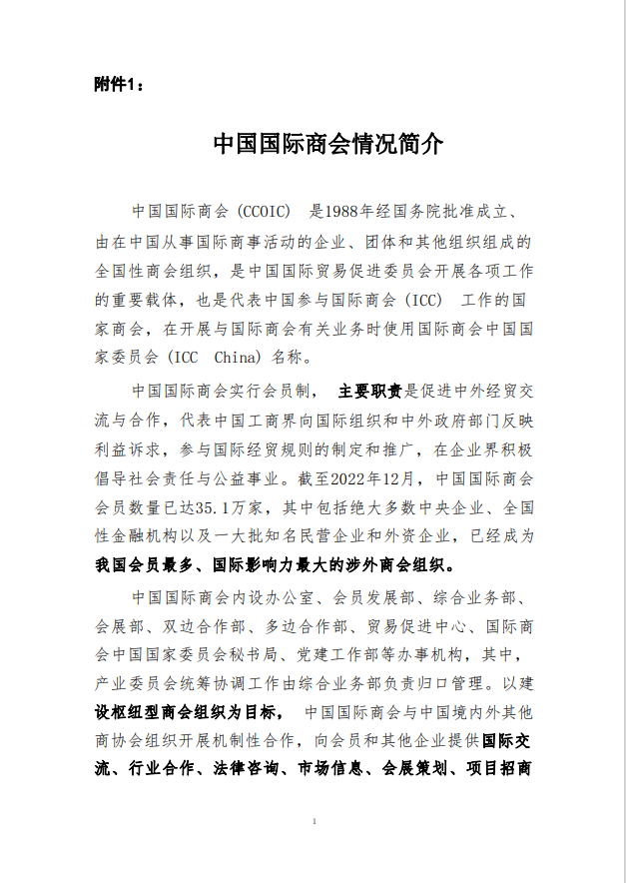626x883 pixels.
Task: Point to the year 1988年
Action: [x=349, y=212]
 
